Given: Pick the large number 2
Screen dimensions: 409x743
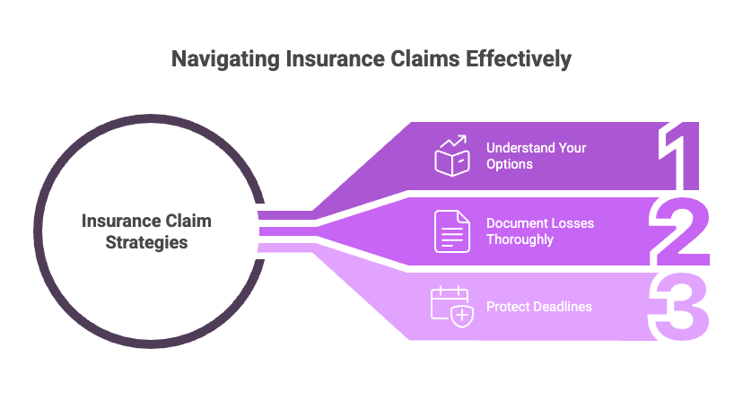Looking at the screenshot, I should click(x=682, y=231).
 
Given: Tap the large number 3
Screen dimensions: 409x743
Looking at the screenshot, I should click(x=682, y=307).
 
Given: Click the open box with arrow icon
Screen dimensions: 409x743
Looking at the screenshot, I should click(x=452, y=156).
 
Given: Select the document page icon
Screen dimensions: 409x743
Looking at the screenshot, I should click(x=452, y=231).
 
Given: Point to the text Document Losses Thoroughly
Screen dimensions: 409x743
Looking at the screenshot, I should click(x=539, y=231).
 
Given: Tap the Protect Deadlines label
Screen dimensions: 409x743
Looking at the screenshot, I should click(x=538, y=307).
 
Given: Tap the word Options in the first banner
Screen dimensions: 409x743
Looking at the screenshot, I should click(x=509, y=165).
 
